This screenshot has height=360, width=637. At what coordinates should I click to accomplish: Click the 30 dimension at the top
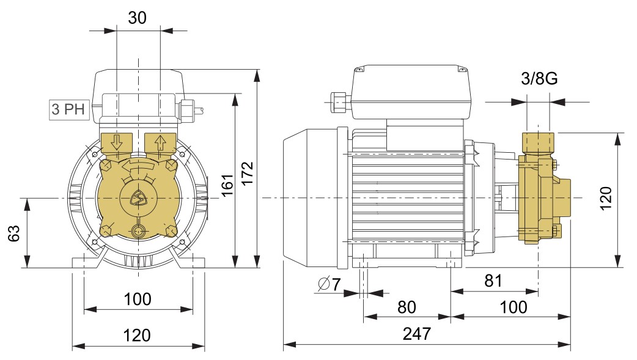click(x=137, y=18)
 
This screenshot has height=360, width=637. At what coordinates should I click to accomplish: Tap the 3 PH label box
click(x=68, y=109)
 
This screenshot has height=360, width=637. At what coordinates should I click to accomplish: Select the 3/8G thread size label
click(x=539, y=78)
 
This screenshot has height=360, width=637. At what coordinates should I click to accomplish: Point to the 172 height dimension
click(x=248, y=173)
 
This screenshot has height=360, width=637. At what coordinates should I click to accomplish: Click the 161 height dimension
click(x=227, y=185)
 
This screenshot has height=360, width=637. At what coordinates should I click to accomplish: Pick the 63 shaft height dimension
click(x=13, y=233)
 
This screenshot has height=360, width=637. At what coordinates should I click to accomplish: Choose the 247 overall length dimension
click(x=417, y=334)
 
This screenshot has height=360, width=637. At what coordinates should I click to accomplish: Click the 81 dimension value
click(x=493, y=281)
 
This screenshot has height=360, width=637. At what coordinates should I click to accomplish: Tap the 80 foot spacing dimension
click(x=407, y=307)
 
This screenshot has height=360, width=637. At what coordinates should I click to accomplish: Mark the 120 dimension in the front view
click(x=137, y=336)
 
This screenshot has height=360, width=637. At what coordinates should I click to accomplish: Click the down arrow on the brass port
click(x=117, y=142)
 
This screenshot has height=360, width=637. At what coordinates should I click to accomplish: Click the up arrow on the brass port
click(x=160, y=142)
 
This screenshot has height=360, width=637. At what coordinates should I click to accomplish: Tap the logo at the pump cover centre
click(x=139, y=198)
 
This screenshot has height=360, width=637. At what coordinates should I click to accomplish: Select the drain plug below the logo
click(x=139, y=231)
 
